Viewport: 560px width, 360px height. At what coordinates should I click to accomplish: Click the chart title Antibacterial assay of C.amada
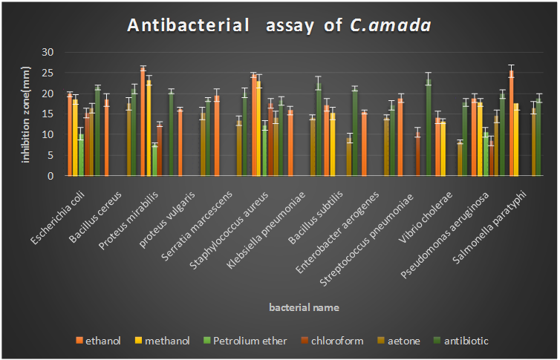pos(280,25)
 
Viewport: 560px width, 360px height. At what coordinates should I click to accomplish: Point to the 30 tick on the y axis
pos(50,52)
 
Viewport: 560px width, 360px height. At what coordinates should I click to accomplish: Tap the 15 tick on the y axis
pos(50,114)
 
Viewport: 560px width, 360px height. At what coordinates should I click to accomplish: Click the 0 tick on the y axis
pos(53,177)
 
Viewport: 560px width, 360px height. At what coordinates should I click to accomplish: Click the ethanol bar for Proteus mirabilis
pos(143,122)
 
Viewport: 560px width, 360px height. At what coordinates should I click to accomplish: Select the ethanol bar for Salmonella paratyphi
pos(511,123)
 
